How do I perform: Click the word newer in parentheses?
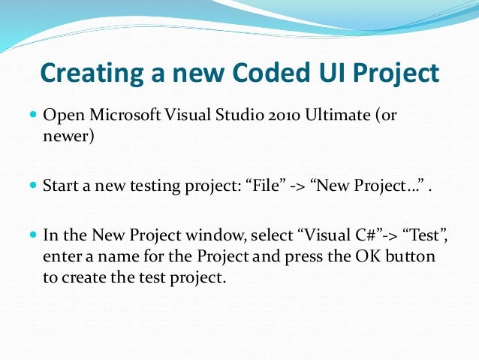click(x=67, y=137)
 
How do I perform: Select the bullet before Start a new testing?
click(x=33, y=184)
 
